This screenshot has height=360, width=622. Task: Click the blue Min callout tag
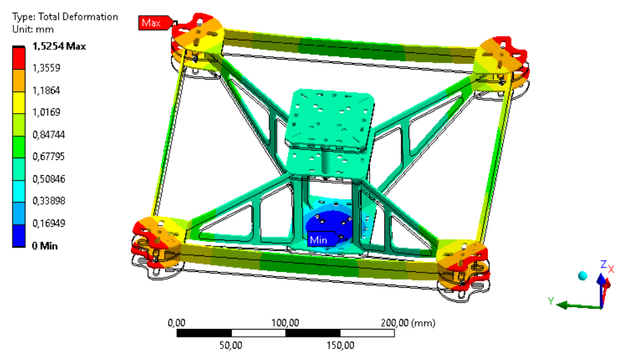point(319,240)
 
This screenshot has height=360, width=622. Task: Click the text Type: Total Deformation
point(65,16)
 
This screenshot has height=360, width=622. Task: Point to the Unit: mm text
point(33,29)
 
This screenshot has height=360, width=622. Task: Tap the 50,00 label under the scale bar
point(231,345)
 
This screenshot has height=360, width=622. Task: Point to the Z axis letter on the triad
point(603,264)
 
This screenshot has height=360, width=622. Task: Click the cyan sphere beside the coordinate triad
point(582,276)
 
